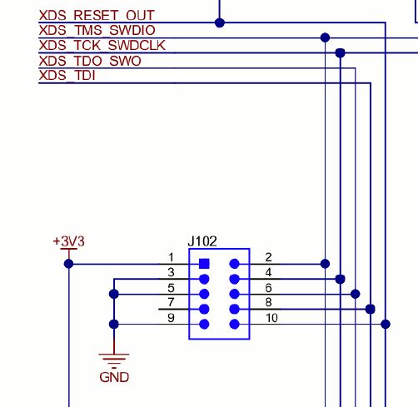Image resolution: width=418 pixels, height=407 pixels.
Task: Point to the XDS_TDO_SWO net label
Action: pos(90,61)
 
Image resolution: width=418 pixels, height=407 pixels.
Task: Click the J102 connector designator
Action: pos(202,241)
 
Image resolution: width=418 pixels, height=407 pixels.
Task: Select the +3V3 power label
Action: pos(68,241)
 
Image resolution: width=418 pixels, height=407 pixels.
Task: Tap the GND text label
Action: pos(113,377)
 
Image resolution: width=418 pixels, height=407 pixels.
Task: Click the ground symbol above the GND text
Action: pos(113,358)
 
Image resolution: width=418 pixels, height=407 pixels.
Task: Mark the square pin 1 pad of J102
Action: pos(204,264)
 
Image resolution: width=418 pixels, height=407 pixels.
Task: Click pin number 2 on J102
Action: pos(269,258)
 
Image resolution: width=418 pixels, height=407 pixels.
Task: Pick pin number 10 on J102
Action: pos(271,318)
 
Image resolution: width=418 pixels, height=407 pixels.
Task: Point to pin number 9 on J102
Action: pos(171,318)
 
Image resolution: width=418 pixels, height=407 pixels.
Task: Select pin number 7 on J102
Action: pos(171,303)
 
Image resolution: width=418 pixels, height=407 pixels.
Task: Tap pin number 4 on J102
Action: pos(269,273)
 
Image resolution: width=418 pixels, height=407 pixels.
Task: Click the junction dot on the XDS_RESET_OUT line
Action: pos(220,22)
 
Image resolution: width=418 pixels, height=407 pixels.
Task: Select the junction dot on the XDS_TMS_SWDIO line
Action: pos(325,37)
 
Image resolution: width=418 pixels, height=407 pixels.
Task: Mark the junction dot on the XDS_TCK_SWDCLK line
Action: pos(340,52)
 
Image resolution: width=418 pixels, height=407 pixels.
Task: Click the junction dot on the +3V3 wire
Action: pos(69,264)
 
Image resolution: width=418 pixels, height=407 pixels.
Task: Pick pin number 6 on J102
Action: pos(269,288)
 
